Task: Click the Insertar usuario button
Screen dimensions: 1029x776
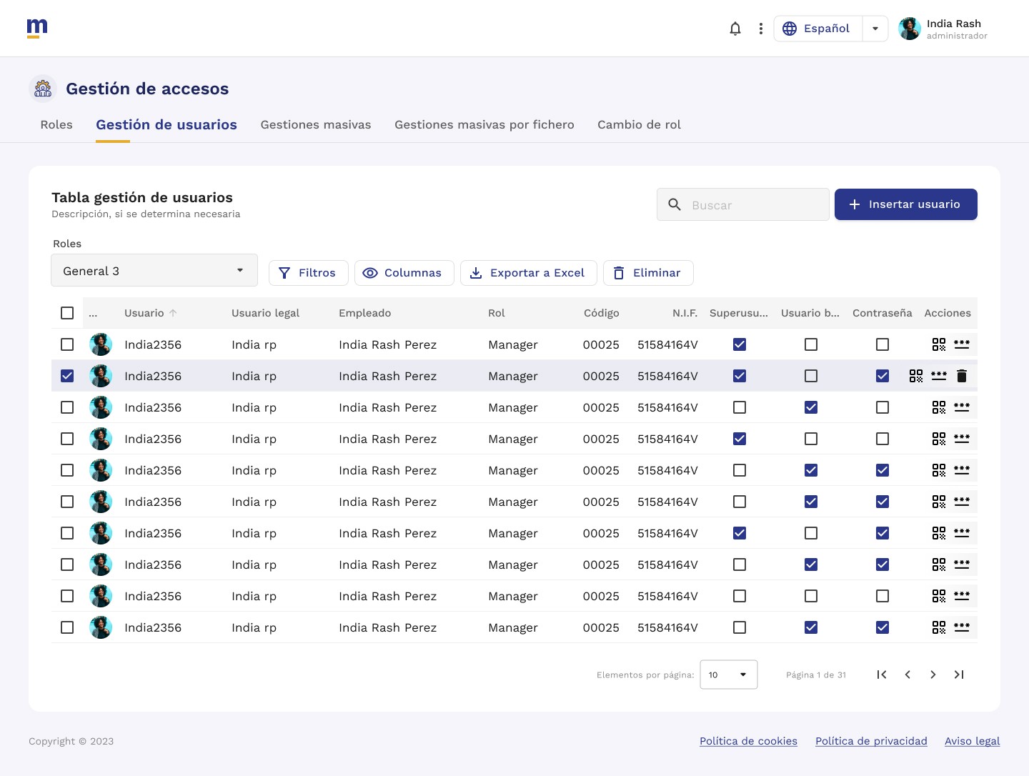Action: click(905, 204)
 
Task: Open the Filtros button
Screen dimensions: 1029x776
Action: click(308, 273)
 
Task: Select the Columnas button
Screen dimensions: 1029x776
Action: click(404, 273)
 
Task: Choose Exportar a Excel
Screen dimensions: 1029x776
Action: click(528, 273)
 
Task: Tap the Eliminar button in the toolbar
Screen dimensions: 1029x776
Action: click(648, 273)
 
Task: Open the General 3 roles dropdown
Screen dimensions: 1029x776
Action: click(154, 270)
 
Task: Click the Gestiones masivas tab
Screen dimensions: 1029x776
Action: click(316, 124)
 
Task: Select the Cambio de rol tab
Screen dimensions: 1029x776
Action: click(639, 124)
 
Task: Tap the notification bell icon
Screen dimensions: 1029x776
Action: click(735, 29)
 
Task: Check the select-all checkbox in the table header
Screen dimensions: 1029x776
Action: click(67, 312)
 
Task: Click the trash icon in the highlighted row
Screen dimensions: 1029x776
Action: click(962, 376)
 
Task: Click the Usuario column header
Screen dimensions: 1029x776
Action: click(144, 312)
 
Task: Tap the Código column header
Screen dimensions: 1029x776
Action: click(601, 312)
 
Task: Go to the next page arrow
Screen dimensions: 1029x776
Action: click(933, 675)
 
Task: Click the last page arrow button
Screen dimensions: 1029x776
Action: click(959, 675)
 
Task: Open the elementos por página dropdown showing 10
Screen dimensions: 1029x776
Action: click(728, 675)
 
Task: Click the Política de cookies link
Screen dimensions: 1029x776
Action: click(748, 741)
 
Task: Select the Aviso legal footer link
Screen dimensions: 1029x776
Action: click(973, 741)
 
